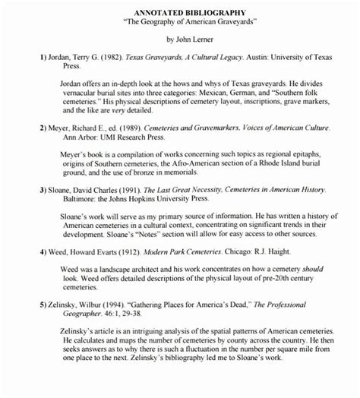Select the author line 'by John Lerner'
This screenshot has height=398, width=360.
pos(180,38)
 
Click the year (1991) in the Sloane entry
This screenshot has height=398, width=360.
pos(130,194)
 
